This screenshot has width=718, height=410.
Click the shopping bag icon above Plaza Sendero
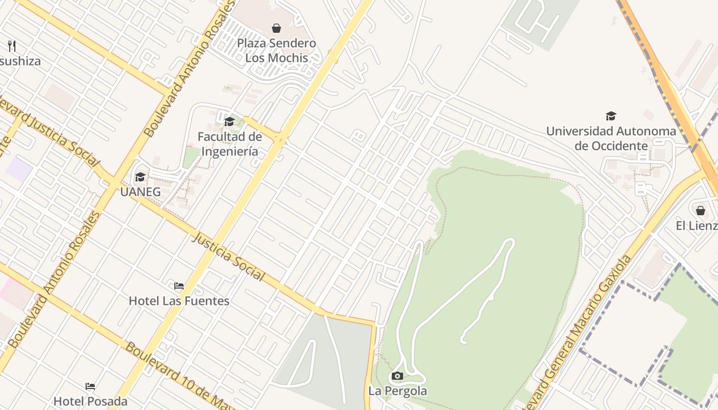click(x=276, y=28)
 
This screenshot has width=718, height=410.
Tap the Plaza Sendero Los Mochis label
click(x=276, y=50)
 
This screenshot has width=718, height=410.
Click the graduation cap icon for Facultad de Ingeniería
click(x=229, y=121)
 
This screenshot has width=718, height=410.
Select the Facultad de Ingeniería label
click(x=230, y=144)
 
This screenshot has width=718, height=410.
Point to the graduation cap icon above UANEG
click(x=140, y=177)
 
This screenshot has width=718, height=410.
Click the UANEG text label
click(x=140, y=192)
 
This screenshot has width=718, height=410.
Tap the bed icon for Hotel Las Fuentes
click(x=178, y=285)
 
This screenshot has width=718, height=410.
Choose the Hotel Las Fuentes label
click(x=179, y=301)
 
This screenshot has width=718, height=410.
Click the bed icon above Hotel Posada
click(x=90, y=386)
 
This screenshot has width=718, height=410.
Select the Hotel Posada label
click(x=90, y=401)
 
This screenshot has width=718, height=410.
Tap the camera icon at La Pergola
click(x=397, y=376)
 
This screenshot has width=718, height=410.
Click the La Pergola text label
click(x=397, y=391)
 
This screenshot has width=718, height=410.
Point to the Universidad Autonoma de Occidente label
click(x=611, y=138)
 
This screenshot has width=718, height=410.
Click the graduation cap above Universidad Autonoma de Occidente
click(x=611, y=116)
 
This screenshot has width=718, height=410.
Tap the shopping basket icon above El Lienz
click(x=701, y=211)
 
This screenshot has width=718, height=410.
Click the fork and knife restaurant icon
click(x=12, y=46)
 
